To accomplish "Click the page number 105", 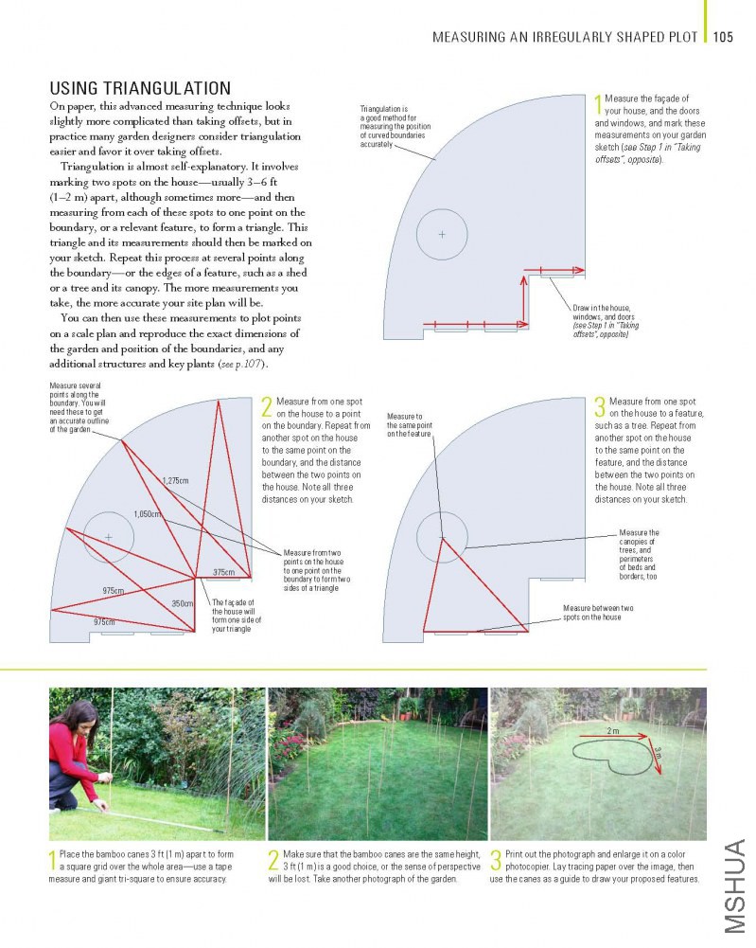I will click(x=724, y=38).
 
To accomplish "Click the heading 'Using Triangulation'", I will click(x=140, y=88).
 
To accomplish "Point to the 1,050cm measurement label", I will click(x=147, y=514).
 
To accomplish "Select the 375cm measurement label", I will click(x=223, y=572).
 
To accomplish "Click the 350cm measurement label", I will click(x=183, y=603).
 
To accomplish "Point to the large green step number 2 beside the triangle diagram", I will click(x=267, y=407).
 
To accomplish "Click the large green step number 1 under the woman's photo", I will click(x=53, y=861).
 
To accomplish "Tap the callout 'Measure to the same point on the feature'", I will click(x=410, y=425).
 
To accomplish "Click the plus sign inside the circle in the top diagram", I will click(x=441, y=233).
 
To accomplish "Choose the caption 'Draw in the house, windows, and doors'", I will click(x=606, y=321).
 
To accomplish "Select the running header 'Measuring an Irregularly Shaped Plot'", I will click(x=565, y=38).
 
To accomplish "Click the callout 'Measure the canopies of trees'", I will click(x=639, y=554).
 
